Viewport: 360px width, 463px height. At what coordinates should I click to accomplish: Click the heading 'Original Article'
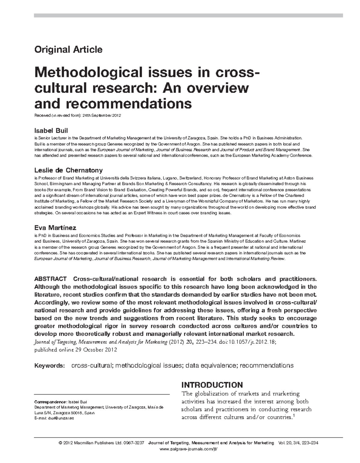click(68, 49)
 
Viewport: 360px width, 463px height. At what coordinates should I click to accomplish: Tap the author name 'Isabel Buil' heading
click(51, 131)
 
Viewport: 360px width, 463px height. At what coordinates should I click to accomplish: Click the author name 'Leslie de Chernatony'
click(68, 170)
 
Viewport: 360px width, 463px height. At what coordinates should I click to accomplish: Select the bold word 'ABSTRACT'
click(50, 279)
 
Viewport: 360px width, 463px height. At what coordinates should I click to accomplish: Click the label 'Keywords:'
click(50, 365)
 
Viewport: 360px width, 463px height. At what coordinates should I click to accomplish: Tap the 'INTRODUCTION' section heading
click(212, 385)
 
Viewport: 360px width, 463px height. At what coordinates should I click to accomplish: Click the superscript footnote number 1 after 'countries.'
click(293, 416)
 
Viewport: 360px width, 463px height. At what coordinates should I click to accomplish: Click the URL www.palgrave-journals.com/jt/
click(188, 449)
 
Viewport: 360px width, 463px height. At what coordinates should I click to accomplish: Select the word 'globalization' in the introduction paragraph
click(210, 394)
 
